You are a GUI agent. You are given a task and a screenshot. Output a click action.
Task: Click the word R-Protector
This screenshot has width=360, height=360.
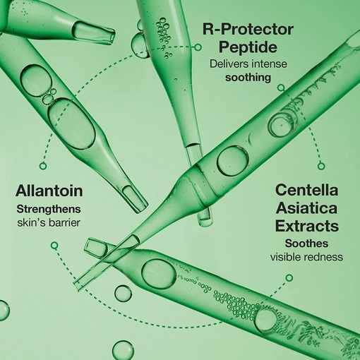pos(248,30)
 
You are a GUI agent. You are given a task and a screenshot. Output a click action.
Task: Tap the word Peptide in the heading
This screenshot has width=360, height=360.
pos(248,47)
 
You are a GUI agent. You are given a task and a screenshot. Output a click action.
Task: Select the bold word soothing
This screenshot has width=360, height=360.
pos(248,78)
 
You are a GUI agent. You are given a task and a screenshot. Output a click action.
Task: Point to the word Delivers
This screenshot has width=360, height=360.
pos(228,64)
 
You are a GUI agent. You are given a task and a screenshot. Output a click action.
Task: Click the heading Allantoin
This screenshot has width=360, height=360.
pos(49,191)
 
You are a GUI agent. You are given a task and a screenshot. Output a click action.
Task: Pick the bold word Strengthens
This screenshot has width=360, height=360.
pos(49,209)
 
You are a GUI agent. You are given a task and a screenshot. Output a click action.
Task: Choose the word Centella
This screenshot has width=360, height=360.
pos(307,190)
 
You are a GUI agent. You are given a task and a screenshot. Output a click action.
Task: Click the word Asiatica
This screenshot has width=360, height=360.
pos(307,208)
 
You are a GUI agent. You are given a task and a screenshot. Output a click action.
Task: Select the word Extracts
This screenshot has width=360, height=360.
pos(307,226)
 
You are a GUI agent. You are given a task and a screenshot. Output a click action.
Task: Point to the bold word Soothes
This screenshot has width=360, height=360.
pos(306,244)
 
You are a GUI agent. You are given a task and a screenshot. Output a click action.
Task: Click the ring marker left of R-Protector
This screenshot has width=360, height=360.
pos(198,47)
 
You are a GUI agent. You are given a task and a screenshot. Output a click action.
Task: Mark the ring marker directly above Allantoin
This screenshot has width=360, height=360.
pos(43,166)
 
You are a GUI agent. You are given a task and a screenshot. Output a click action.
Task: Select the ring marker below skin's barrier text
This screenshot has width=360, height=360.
pos(54,246)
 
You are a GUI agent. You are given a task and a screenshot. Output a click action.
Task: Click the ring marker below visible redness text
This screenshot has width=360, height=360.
pos(289,277)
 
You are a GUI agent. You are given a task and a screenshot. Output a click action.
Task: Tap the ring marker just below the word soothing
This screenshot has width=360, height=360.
pos(281,88)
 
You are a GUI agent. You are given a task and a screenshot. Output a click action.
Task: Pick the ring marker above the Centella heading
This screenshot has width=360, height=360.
pos(321,166)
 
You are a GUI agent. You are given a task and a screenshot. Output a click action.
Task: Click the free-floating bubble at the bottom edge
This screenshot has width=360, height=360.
pos(123,350)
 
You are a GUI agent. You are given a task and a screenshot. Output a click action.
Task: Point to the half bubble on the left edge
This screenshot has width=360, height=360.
pos(4,311)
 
